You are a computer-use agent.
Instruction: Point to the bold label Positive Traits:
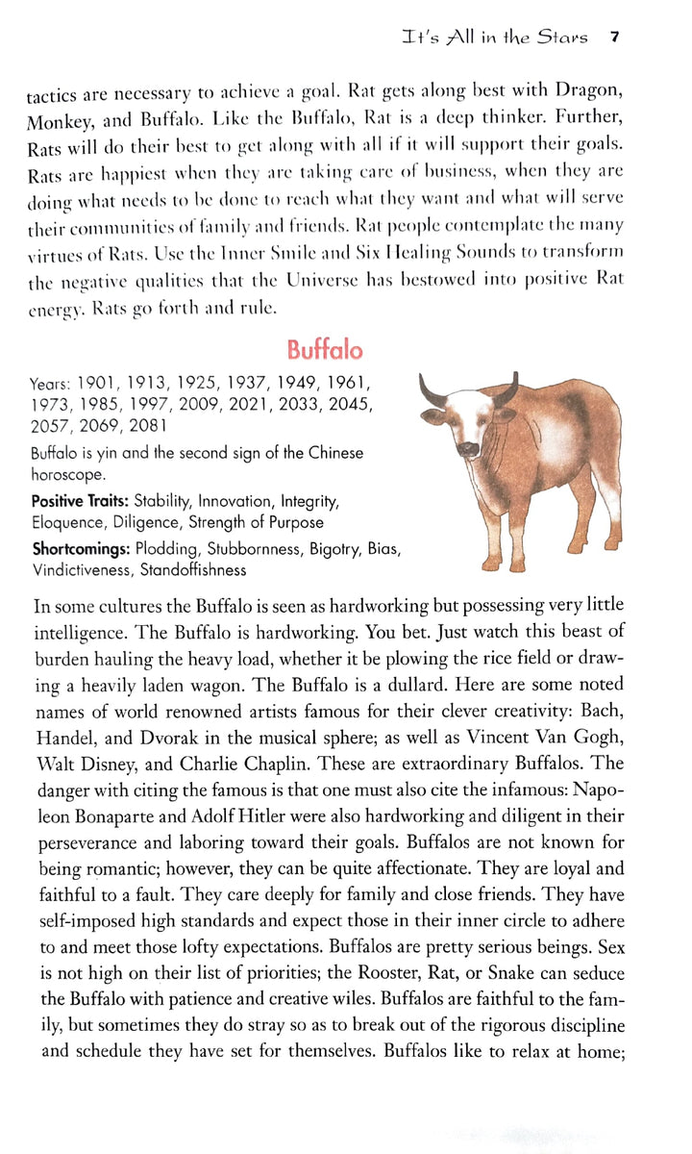[x=81, y=501]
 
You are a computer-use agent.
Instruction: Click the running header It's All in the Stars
[x=496, y=38]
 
